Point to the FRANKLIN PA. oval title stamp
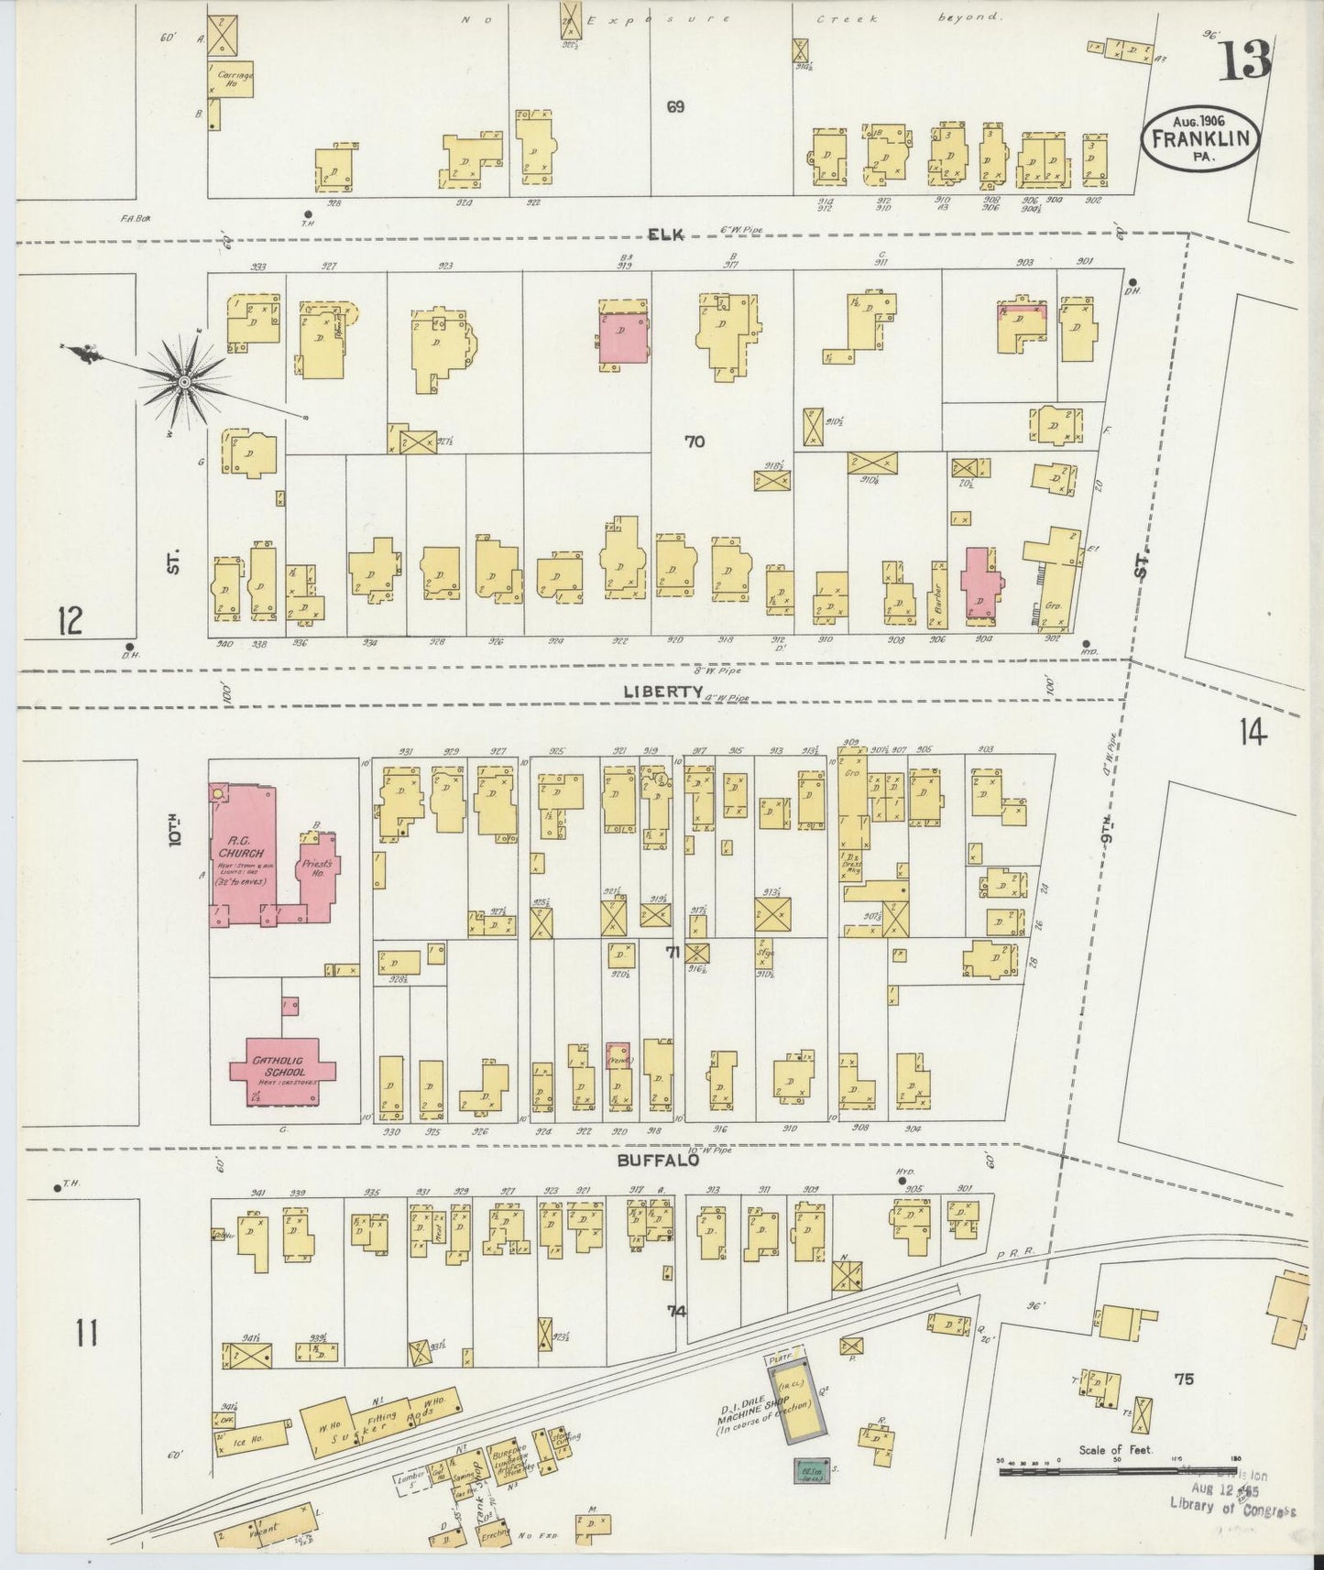pos(1200,138)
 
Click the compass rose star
pos(186,380)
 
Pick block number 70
pos(695,442)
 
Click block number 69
pos(675,107)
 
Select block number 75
pos(1184,1379)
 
